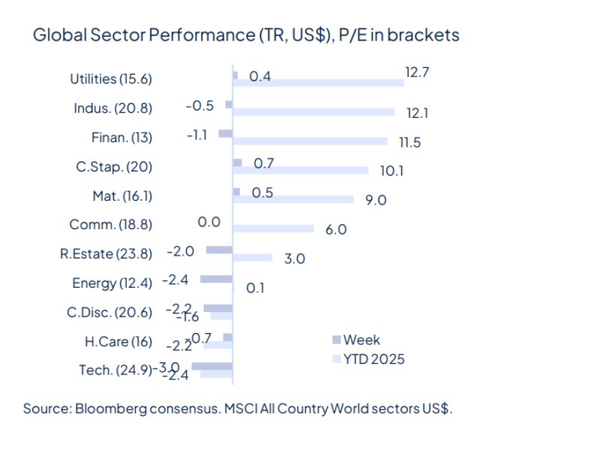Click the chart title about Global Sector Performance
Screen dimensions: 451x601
pyautogui.click(x=246, y=35)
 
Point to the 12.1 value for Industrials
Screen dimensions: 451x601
pyautogui.click(x=417, y=113)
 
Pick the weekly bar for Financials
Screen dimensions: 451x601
pyautogui.click(x=225, y=133)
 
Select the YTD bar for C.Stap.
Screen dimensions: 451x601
pyautogui.click(x=301, y=171)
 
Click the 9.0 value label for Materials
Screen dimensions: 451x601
pyautogui.click(x=376, y=200)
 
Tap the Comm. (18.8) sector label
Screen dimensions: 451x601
pyautogui.click(x=110, y=225)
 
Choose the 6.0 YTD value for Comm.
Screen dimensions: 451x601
pyautogui.click(x=336, y=229)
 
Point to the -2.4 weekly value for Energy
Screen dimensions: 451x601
pyautogui.click(x=177, y=280)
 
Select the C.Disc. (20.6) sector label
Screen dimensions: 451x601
pyautogui.click(x=109, y=313)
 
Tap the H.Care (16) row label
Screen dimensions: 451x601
pyautogui.click(x=118, y=342)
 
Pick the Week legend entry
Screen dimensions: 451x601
pyautogui.click(x=362, y=340)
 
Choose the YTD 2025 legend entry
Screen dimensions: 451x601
pyautogui.click(x=373, y=359)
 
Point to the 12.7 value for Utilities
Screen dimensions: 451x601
pyautogui.click(x=416, y=73)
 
